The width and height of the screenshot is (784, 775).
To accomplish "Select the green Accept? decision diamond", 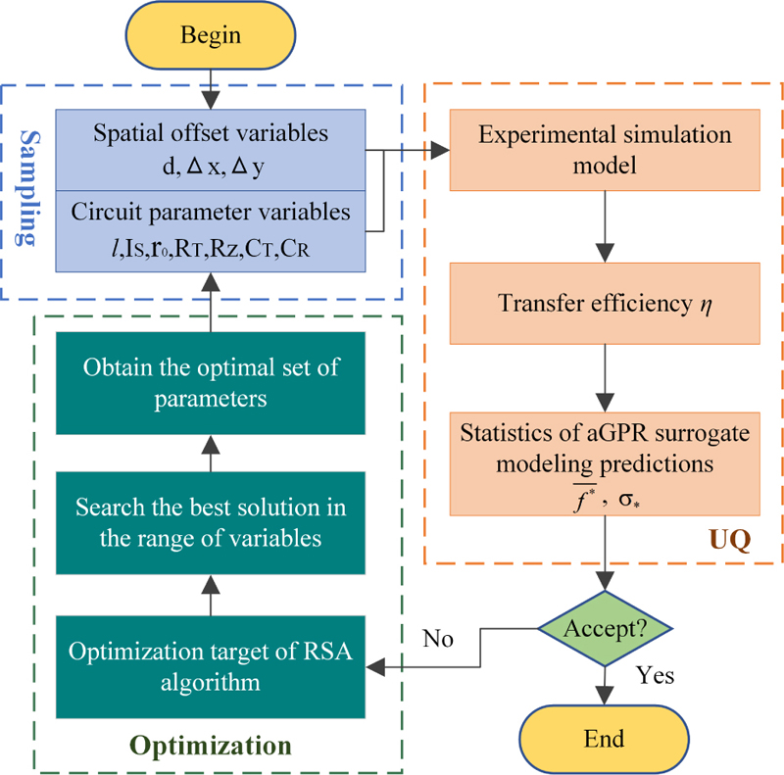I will click(x=607, y=628).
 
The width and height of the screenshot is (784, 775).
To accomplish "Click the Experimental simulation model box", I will click(x=605, y=150).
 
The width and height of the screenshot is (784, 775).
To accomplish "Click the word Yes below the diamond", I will click(x=656, y=675).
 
